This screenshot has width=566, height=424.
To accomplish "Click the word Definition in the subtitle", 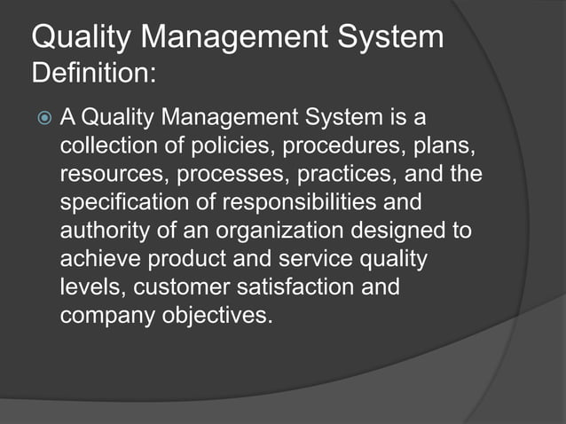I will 91,73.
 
